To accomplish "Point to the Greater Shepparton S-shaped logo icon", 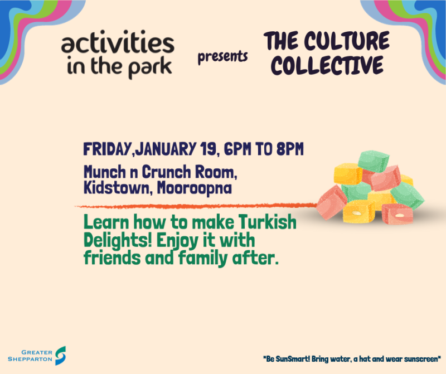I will tap(60, 356).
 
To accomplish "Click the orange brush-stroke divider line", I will tap(195, 206).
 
